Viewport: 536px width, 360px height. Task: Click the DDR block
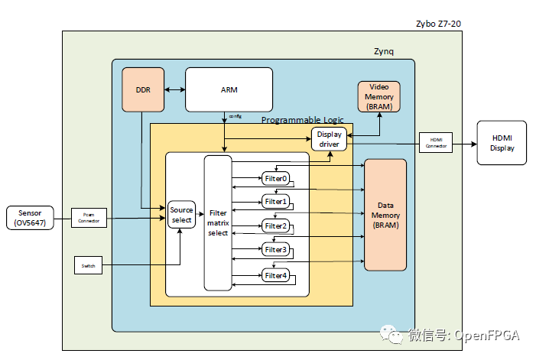[143, 89]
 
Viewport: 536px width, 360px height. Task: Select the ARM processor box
[229, 89]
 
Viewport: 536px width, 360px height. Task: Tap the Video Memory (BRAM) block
[378, 96]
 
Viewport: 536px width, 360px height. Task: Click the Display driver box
[330, 139]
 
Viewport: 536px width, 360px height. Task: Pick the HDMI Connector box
[435, 142]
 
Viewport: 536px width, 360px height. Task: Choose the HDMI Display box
[502, 143]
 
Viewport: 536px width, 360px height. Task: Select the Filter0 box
[275, 178]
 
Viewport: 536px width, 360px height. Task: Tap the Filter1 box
[275, 202]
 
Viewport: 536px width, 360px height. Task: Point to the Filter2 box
[275, 226]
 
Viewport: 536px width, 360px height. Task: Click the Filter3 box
[275, 250]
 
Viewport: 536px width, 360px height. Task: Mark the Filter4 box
[275, 275]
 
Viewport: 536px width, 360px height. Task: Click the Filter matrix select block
[218, 222]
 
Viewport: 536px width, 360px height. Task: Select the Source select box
[181, 215]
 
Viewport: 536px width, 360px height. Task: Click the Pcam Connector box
[89, 218]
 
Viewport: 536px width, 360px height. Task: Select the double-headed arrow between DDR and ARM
[174, 90]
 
